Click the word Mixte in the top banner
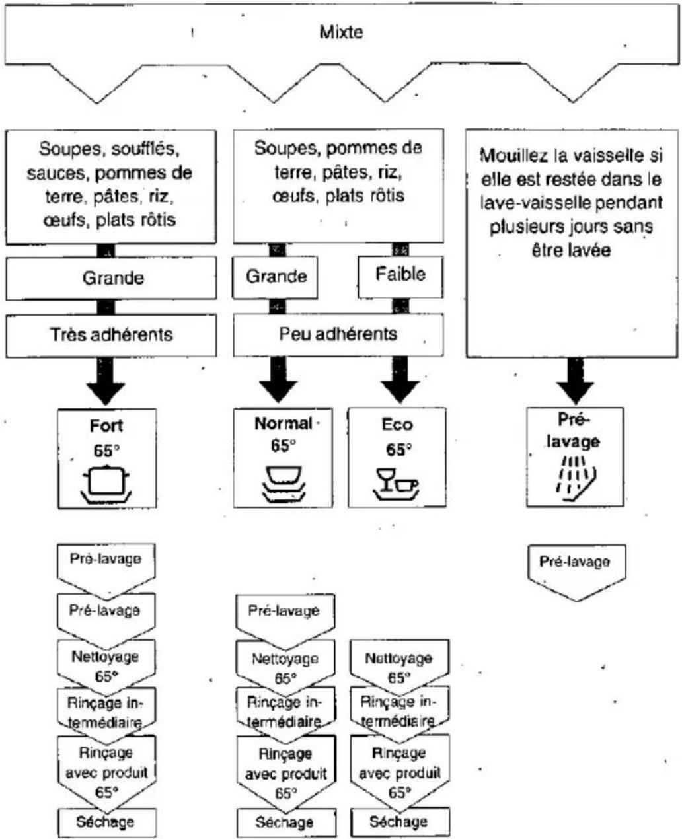pos(341,32)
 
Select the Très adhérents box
pos(111,336)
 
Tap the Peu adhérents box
pos(338,335)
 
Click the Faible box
pos(400,277)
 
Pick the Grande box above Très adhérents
pos(111,278)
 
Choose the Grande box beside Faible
pos(275,277)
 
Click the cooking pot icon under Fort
pos(106,484)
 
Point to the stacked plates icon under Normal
pos(284,484)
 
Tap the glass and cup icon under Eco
pos(396,484)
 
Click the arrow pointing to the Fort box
pos(106,381)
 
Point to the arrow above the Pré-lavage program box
pos(575,381)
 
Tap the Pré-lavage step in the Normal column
pos(285,616)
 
